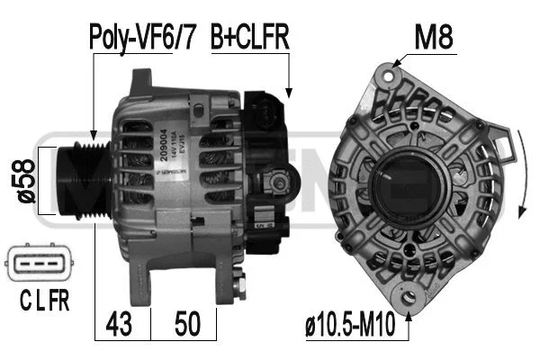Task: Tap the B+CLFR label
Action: coord(248,38)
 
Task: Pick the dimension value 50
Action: coord(187,321)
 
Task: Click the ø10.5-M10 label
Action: coord(350,321)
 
